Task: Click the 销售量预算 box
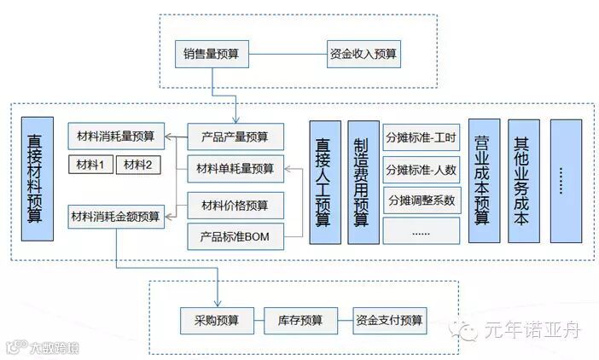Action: [211, 54]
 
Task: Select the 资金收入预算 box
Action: [363, 54]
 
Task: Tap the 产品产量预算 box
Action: [236, 136]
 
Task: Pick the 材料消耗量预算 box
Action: [115, 136]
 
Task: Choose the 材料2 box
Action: [137, 164]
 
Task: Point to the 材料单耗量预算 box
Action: [236, 169]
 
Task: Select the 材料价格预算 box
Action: [236, 205]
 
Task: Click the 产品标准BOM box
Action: [236, 235]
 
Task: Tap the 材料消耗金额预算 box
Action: [115, 217]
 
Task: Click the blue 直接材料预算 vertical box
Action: [37, 177]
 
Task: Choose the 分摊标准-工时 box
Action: [421, 137]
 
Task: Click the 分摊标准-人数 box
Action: [421, 169]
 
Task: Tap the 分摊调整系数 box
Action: [421, 200]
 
